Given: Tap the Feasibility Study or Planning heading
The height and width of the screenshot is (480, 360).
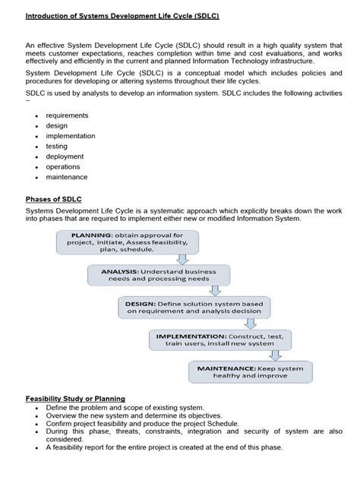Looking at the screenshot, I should coord(75,399).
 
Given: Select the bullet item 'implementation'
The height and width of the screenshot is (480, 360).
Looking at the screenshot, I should coord(71,136).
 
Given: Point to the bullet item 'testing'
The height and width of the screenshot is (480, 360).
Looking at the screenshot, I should coord(58,147).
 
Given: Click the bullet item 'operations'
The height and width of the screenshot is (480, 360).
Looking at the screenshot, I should coord(64,167).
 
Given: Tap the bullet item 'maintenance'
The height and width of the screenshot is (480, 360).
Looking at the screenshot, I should coord(68,177).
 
